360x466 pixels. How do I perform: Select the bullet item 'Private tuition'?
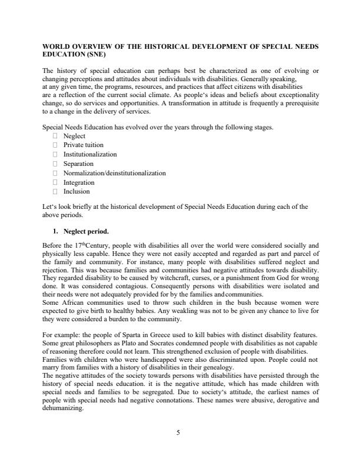tap(83, 145)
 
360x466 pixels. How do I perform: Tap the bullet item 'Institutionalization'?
tap(90, 154)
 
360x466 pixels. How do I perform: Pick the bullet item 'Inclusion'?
tap(76, 191)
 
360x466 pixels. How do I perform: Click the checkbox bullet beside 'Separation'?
tap(55, 164)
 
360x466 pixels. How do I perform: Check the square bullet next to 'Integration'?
tap(55, 182)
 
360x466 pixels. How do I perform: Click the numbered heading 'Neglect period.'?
tap(85, 231)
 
